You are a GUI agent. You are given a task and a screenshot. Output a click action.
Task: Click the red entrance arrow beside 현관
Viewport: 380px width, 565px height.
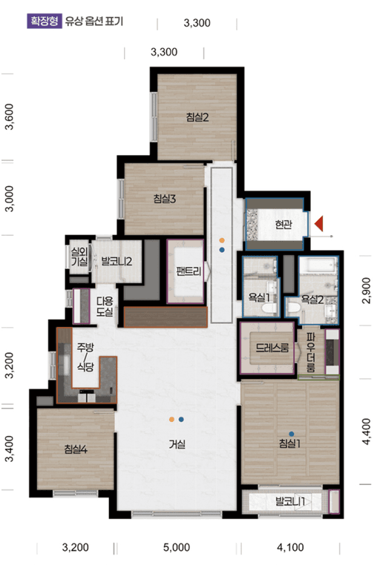318,223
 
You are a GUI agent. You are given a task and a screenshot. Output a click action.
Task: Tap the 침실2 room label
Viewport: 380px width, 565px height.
197,117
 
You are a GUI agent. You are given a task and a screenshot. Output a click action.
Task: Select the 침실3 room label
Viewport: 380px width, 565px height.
165,199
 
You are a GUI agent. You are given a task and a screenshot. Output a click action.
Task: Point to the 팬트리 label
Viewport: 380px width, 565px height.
189,271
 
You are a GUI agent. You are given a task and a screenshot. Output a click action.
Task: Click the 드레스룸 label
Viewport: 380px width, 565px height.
272,348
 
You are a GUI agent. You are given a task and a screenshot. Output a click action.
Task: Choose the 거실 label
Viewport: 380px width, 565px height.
177,444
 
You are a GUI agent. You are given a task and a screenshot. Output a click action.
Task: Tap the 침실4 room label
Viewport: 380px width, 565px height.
76,449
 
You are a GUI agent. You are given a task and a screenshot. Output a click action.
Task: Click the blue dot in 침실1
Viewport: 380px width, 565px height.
292,434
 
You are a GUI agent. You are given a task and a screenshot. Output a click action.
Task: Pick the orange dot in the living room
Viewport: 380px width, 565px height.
171,420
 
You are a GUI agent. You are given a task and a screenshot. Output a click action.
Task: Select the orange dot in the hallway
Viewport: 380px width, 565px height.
222,240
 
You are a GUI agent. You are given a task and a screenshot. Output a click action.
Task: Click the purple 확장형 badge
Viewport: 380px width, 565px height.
45,22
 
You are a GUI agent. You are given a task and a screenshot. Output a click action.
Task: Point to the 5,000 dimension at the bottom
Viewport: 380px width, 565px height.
177,547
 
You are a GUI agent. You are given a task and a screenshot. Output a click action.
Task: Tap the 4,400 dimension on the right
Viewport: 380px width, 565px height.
367,432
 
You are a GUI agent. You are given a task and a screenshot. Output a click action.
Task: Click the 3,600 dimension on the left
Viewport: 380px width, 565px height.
9,116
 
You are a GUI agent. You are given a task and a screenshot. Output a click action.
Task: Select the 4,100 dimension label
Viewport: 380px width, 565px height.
290,547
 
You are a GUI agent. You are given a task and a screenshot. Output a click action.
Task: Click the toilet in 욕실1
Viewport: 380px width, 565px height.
269,308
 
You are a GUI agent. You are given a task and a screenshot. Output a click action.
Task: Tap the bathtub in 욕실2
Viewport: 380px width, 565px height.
318,265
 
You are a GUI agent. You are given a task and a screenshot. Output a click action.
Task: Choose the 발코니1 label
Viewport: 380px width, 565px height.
290,501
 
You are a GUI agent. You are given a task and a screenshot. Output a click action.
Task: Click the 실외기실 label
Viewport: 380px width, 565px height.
79,257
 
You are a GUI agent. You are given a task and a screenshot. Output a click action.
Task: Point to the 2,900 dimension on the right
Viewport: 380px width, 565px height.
367,291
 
